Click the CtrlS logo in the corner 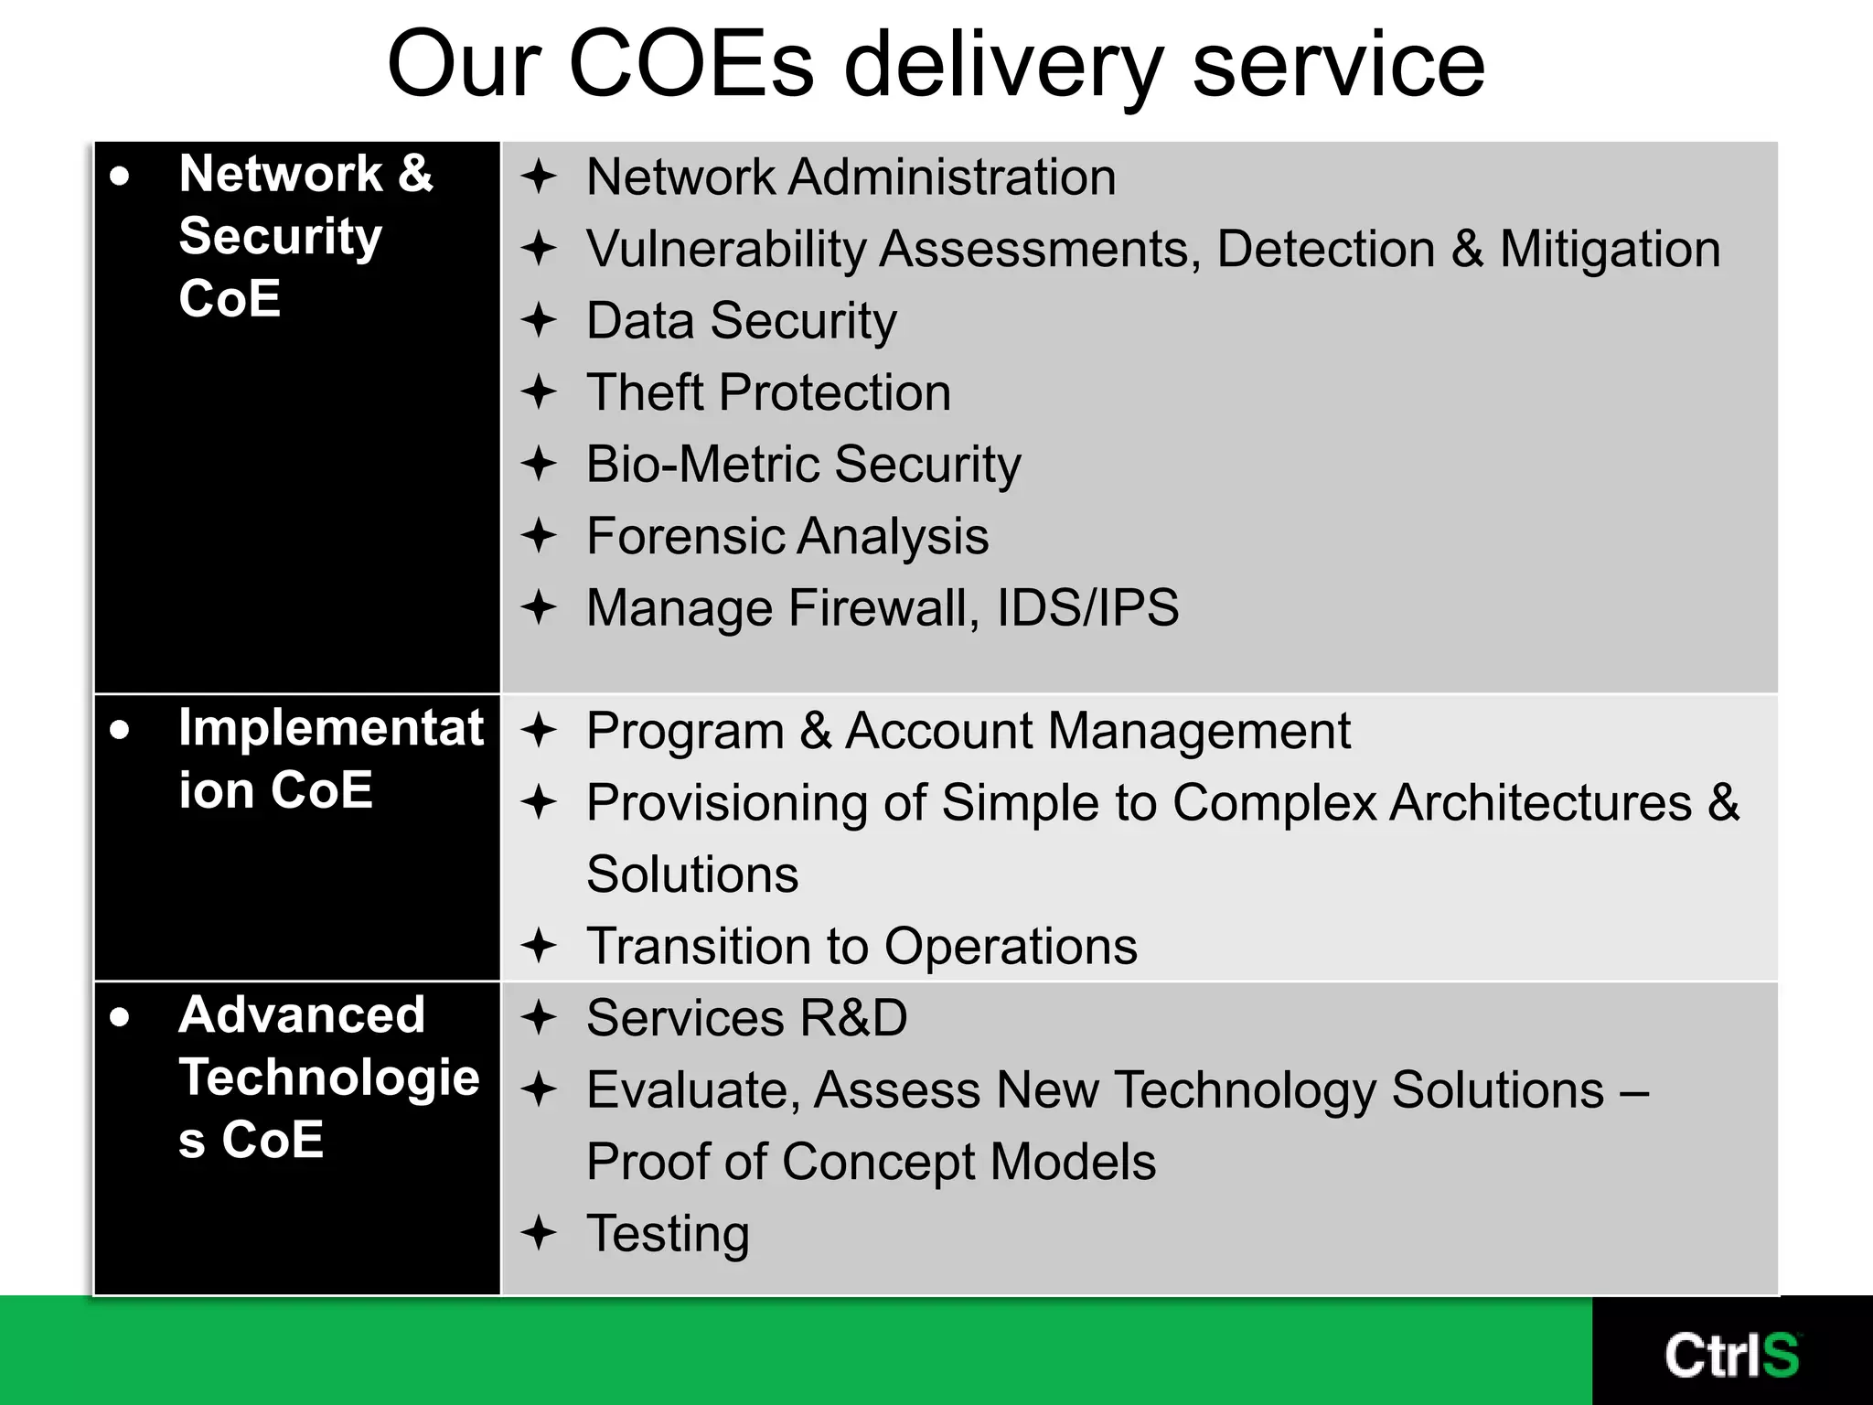click(x=1731, y=1355)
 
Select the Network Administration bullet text click(x=851, y=177)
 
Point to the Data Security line click(x=741, y=321)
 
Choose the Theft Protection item click(x=768, y=392)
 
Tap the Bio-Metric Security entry click(x=803, y=464)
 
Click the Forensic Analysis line click(x=787, y=536)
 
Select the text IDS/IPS click(x=1087, y=607)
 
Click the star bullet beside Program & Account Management click(x=539, y=730)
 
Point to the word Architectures click(x=1540, y=802)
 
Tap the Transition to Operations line click(x=862, y=946)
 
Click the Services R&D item click(x=746, y=1018)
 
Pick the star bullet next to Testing click(x=539, y=1232)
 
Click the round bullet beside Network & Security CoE click(x=120, y=176)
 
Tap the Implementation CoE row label click(x=329, y=758)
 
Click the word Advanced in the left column click(x=302, y=1014)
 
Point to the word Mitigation click(x=1610, y=249)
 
